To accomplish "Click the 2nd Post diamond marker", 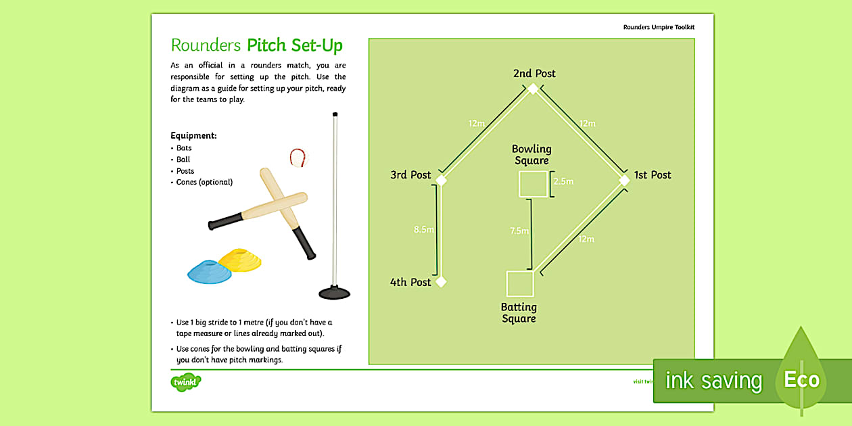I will pyautogui.click(x=533, y=89).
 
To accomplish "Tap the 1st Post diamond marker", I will pyautogui.click(x=625, y=180).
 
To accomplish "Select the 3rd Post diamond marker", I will pyautogui.click(x=441, y=180).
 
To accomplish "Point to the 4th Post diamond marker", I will pyautogui.click(x=441, y=281).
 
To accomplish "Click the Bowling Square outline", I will pyautogui.click(x=533, y=184).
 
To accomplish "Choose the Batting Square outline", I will pyautogui.click(x=520, y=284).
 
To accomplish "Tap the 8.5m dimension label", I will pyautogui.click(x=423, y=230).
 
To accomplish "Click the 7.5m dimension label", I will pyautogui.click(x=519, y=231).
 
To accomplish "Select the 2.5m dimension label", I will pyautogui.click(x=563, y=182).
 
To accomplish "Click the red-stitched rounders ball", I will pyautogui.click(x=297, y=158).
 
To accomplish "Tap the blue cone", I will pyautogui.click(x=208, y=272).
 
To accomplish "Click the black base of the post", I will pyautogui.click(x=334, y=293).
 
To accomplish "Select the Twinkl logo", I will pyautogui.click(x=186, y=382).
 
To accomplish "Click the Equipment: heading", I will pyautogui.click(x=193, y=136).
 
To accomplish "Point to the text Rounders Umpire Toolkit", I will pyautogui.click(x=659, y=27).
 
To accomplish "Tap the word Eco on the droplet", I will pyautogui.click(x=801, y=380).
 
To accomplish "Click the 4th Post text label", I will pyautogui.click(x=410, y=282).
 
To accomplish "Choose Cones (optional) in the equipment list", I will pyautogui.click(x=204, y=182).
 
